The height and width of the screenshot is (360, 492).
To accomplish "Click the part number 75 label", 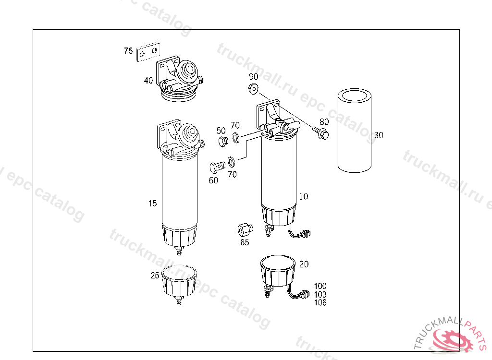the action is click(x=128, y=51).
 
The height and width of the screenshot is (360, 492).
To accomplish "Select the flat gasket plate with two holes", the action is click(x=148, y=52).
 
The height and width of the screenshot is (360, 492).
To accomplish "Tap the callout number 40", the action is click(x=148, y=81).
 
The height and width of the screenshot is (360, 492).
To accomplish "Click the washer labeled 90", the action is click(x=253, y=89).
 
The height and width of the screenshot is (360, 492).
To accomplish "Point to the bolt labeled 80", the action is click(x=320, y=132).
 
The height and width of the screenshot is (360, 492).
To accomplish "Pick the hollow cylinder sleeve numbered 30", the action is click(x=355, y=131).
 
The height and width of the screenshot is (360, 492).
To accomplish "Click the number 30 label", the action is click(x=379, y=135).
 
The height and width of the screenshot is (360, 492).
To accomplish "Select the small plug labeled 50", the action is click(x=223, y=142).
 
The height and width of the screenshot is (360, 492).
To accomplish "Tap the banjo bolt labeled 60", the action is click(x=217, y=167).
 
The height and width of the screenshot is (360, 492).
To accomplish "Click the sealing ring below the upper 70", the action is click(x=235, y=137).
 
